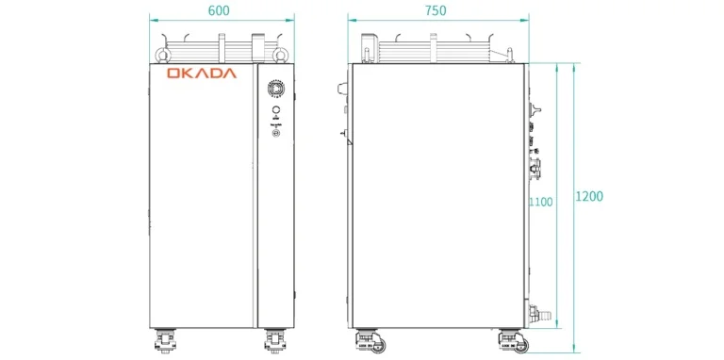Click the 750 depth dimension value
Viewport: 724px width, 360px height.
(436, 10)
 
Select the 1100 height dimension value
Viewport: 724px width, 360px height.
(541, 202)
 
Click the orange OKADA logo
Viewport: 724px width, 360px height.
(202, 74)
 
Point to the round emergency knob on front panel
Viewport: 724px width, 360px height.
(275, 88)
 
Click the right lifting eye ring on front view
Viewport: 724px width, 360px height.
(280, 53)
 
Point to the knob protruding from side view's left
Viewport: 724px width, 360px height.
(340, 89)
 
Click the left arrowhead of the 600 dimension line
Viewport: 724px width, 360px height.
(152, 21)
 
